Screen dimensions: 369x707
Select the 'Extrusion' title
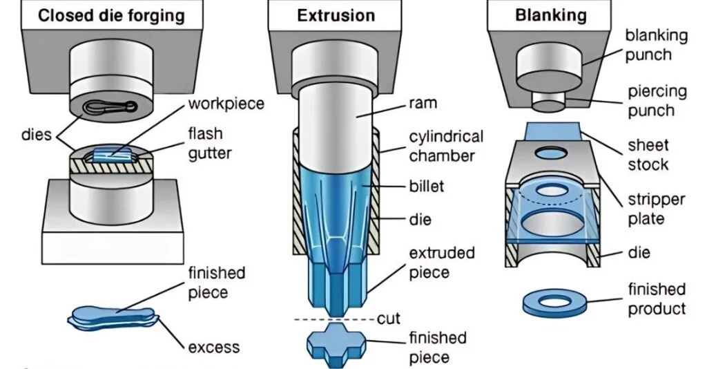pos(336,15)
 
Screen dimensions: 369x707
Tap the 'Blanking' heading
pos(550,15)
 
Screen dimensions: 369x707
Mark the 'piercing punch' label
pos(657,100)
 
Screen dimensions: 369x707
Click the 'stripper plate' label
pos(657,209)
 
